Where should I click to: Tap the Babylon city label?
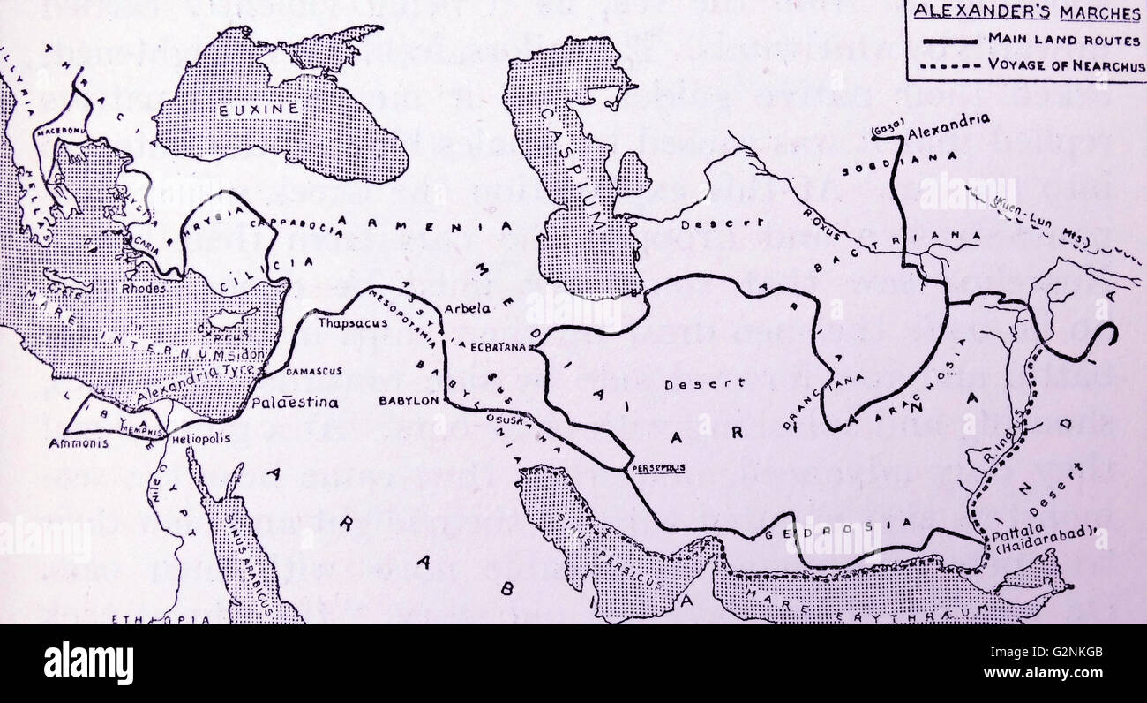click(x=409, y=400)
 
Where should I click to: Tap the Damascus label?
click(x=313, y=372)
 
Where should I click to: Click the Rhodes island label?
click(x=145, y=288)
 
